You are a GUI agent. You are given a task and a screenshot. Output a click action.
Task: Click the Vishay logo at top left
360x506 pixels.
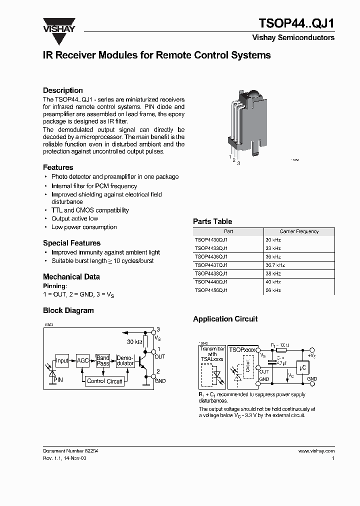(58, 25)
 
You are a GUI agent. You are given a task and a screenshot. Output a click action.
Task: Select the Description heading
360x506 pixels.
(63, 90)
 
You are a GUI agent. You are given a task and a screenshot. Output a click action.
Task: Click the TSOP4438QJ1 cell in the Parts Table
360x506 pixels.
(211, 273)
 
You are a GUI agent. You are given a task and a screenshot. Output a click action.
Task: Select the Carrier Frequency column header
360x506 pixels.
(299, 231)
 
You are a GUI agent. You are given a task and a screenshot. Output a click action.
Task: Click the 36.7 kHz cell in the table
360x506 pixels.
(276, 265)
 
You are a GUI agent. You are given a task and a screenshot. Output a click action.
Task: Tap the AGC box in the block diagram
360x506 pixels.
(82, 360)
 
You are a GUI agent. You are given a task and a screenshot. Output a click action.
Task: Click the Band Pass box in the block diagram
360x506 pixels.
(103, 360)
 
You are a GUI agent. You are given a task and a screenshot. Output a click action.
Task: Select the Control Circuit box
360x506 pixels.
(104, 381)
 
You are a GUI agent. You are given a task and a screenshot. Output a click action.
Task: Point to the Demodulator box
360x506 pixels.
(125, 360)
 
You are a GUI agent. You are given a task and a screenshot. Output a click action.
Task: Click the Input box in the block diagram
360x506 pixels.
(62, 360)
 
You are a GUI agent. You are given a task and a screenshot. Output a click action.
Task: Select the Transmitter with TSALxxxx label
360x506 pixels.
(211, 354)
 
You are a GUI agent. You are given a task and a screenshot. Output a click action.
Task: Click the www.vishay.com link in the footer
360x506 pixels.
(316, 450)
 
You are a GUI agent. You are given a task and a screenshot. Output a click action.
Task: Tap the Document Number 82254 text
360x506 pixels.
(70, 450)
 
